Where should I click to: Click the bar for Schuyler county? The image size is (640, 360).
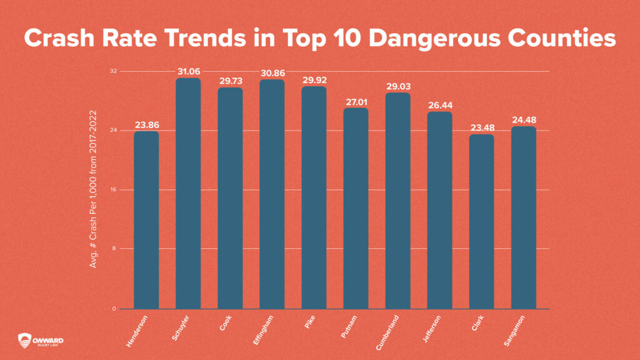187,193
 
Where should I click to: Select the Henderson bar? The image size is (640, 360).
146,219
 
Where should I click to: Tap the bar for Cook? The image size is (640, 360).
229,197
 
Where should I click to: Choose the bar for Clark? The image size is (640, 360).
481,221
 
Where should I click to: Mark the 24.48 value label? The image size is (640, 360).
524,120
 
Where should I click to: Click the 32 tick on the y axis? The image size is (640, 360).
113,71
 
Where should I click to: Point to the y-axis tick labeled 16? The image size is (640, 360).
113,189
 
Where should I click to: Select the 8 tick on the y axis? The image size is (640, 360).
114,249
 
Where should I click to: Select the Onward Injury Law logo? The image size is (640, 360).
41,340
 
